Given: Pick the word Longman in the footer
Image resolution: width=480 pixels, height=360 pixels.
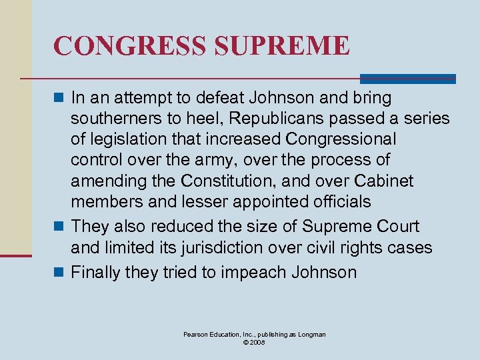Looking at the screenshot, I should pyautogui.click(x=311, y=334).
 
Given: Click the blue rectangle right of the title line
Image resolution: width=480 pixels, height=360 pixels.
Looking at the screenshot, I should pyautogui.click(x=407, y=79).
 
